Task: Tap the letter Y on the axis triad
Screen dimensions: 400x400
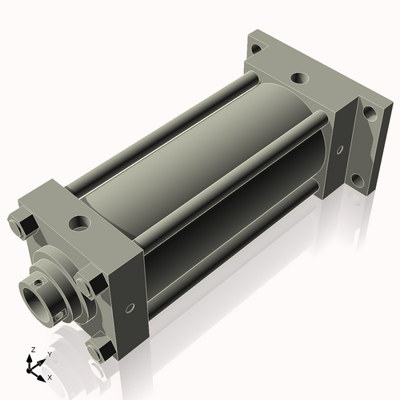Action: [49, 354]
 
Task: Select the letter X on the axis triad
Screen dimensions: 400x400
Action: [50, 376]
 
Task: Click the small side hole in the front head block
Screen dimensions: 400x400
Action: [128, 307]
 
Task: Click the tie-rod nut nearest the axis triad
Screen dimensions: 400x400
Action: [101, 350]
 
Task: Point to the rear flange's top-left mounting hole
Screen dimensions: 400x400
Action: [255, 48]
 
